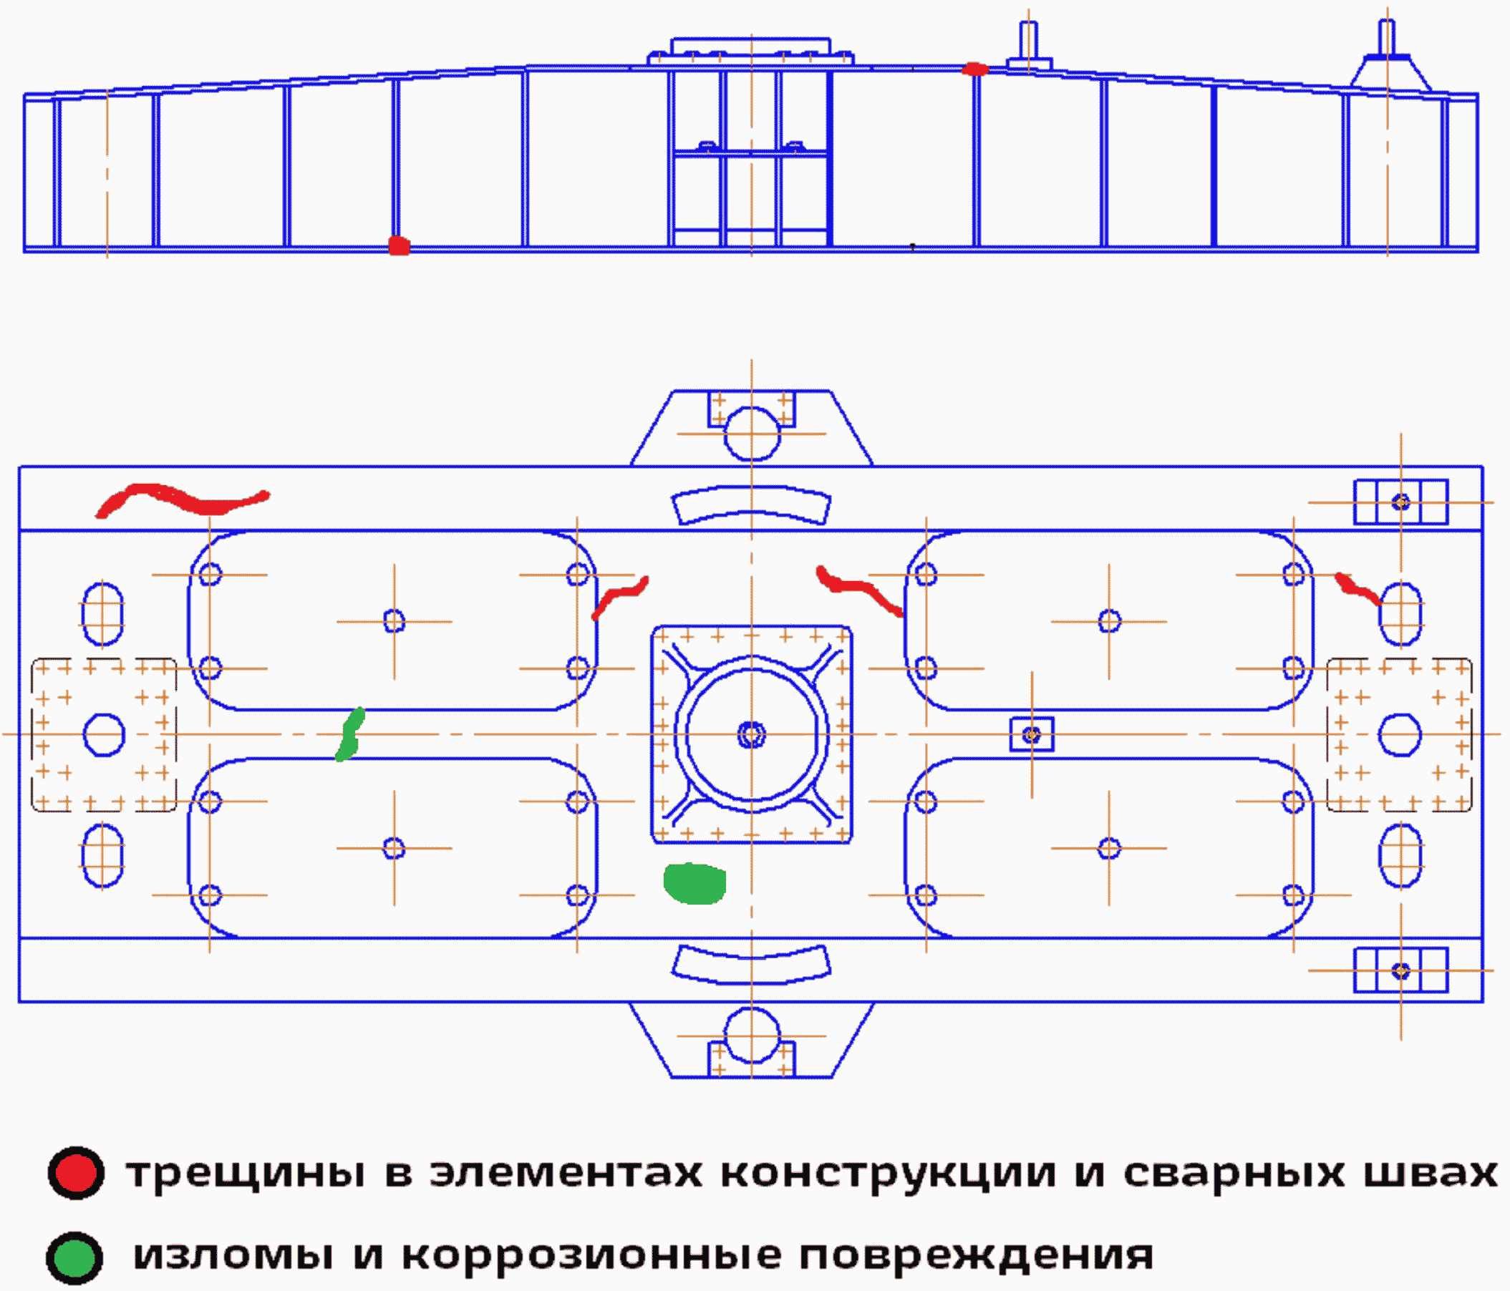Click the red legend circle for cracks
click(76, 1173)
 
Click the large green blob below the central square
click(694, 883)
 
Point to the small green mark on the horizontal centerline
click(350, 734)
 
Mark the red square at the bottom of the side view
click(400, 245)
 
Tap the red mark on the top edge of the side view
click(974, 70)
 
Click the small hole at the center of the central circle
click(751, 734)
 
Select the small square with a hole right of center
click(1031, 734)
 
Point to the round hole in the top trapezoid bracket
click(752, 434)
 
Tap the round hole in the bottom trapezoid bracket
click(752, 1036)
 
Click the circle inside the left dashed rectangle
click(105, 734)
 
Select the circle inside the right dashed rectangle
click(1400, 734)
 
